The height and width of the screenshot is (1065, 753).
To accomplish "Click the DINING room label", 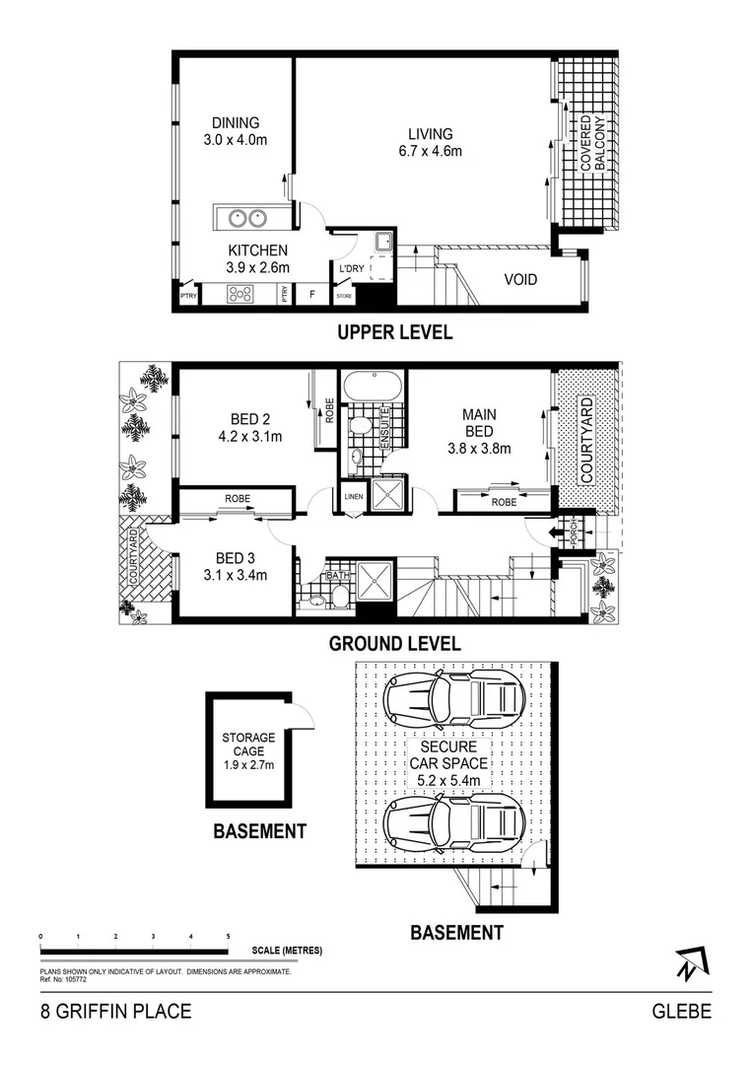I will (x=235, y=123).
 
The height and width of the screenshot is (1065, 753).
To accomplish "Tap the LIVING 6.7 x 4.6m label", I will (x=432, y=142).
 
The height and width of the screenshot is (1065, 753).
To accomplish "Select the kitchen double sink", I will (x=246, y=217).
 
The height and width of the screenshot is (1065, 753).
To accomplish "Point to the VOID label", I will (x=520, y=280).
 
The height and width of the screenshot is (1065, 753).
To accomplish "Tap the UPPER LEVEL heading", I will (x=394, y=332).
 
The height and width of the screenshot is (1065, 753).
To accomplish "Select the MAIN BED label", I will (x=479, y=423).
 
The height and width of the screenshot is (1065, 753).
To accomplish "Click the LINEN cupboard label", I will (x=353, y=498).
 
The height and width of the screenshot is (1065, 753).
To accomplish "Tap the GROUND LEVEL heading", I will (x=394, y=645).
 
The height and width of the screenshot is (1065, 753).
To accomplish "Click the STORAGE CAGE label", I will (x=248, y=745).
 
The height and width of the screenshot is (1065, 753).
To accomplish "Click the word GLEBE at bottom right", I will (x=682, y=1012).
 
